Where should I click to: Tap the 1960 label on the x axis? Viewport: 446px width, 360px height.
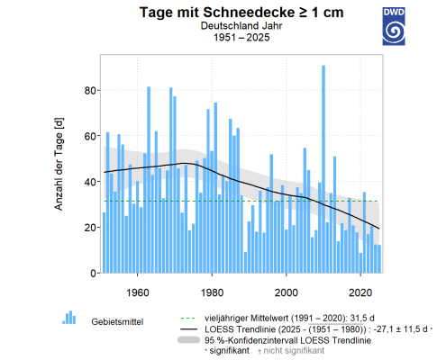pyautogui.click(x=138, y=292)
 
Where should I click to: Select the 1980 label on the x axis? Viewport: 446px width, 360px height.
pyautogui.click(x=212, y=292)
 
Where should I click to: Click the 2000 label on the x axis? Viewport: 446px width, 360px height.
pyautogui.click(x=287, y=292)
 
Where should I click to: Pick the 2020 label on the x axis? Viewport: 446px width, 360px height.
pyautogui.click(x=360, y=292)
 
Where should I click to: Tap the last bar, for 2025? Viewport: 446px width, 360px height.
pyautogui.click(x=379, y=259)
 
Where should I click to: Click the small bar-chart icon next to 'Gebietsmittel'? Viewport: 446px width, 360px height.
pyautogui.click(x=68, y=317)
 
